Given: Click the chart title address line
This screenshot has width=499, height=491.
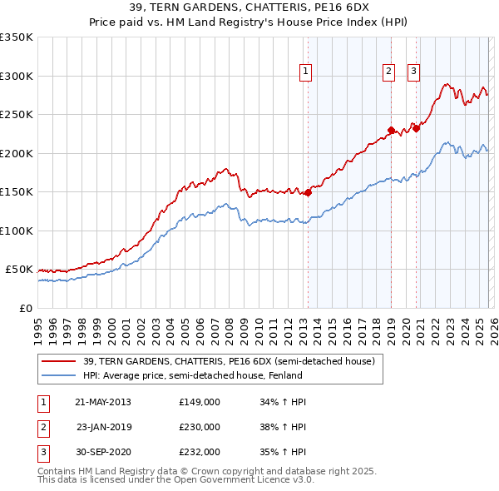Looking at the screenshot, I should click(x=249, y=7).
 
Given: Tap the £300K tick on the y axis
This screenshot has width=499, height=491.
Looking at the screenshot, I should click(x=17, y=76).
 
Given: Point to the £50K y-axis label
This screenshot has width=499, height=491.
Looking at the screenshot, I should click(x=19, y=270).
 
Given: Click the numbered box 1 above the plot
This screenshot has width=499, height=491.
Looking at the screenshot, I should click(x=306, y=72).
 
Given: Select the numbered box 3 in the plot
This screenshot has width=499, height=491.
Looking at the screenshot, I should click(x=413, y=72).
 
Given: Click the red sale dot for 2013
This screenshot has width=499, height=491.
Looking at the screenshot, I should click(x=308, y=192).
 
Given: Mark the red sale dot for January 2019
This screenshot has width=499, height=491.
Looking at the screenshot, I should click(x=391, y=130).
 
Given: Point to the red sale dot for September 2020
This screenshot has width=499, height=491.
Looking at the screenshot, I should click(x=416, y=128).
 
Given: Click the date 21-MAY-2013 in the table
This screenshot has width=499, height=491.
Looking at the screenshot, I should click(x=103, y=402).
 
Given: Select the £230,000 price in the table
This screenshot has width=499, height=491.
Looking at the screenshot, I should click(x=199, y=427).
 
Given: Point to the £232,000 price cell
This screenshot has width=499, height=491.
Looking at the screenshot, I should click(x=199, y=452).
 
